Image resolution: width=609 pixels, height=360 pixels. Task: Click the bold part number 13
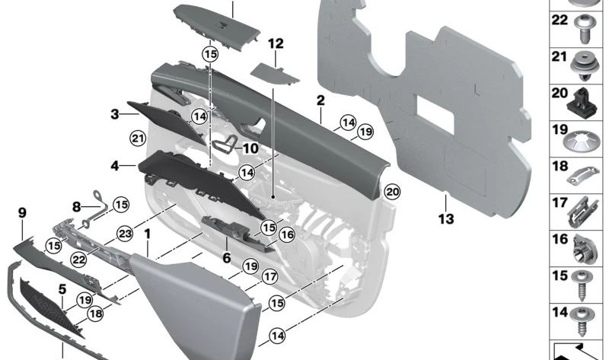(446, 219)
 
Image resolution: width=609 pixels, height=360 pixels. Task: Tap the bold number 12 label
(275, 44)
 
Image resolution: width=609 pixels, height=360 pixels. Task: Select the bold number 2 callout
(320, 100)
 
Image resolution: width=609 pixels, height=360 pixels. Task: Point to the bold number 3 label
(114, 114)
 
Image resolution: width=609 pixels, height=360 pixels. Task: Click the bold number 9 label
(22, 215)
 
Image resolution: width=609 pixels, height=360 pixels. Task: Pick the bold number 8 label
(76, 206)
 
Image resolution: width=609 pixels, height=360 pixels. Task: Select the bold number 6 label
(226, 259)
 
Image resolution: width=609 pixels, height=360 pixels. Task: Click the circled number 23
(125, 234)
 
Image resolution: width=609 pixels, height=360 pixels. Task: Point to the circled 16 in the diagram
(287, 236)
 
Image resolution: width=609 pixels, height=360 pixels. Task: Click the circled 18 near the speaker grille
(95, 313)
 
